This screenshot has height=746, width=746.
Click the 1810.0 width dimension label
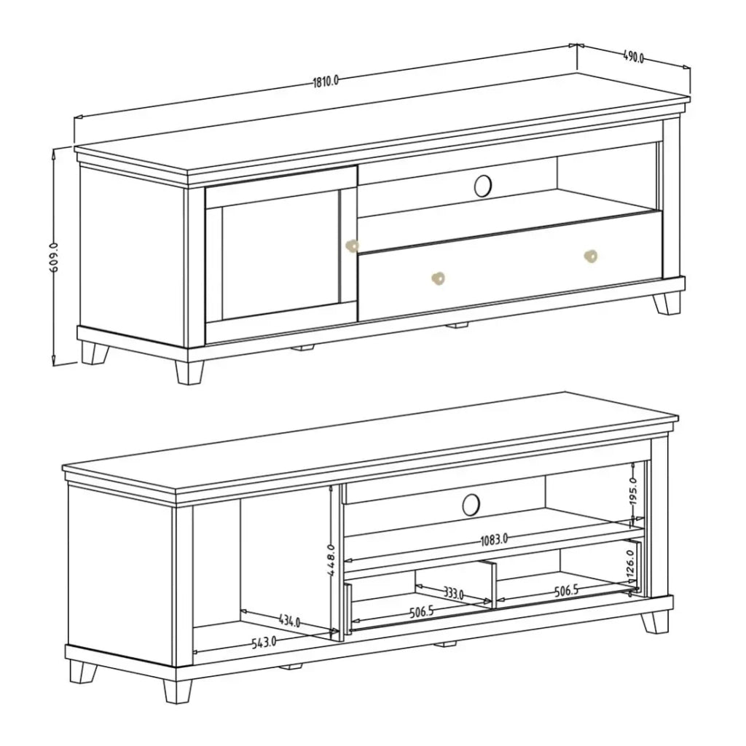[326, 81]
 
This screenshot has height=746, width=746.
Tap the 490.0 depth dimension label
[633, 57]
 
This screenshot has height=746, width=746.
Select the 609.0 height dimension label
[54, 257]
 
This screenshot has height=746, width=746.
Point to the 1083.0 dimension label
[494, 540]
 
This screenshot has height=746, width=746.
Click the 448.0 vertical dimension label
[331, 560]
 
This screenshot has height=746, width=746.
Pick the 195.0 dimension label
[633, 492]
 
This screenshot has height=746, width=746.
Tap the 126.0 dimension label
[630, 565]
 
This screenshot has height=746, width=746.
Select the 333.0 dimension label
[453, 593]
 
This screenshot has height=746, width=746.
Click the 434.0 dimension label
[289, 621]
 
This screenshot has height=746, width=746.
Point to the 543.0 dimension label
[264, 643]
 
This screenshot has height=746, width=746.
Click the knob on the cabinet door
[352, 246]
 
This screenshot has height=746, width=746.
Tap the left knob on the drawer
[438, 278]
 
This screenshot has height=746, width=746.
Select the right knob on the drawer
[590, 256]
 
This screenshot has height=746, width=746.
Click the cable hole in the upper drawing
[483, 185]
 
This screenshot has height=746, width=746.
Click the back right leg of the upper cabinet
[667, 304]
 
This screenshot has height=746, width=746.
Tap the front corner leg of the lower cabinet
[178, 691]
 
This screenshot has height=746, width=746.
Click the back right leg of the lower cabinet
[654, 623]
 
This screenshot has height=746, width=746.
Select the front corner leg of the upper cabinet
[189, 372]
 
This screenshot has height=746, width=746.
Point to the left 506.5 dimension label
[422, 612]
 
